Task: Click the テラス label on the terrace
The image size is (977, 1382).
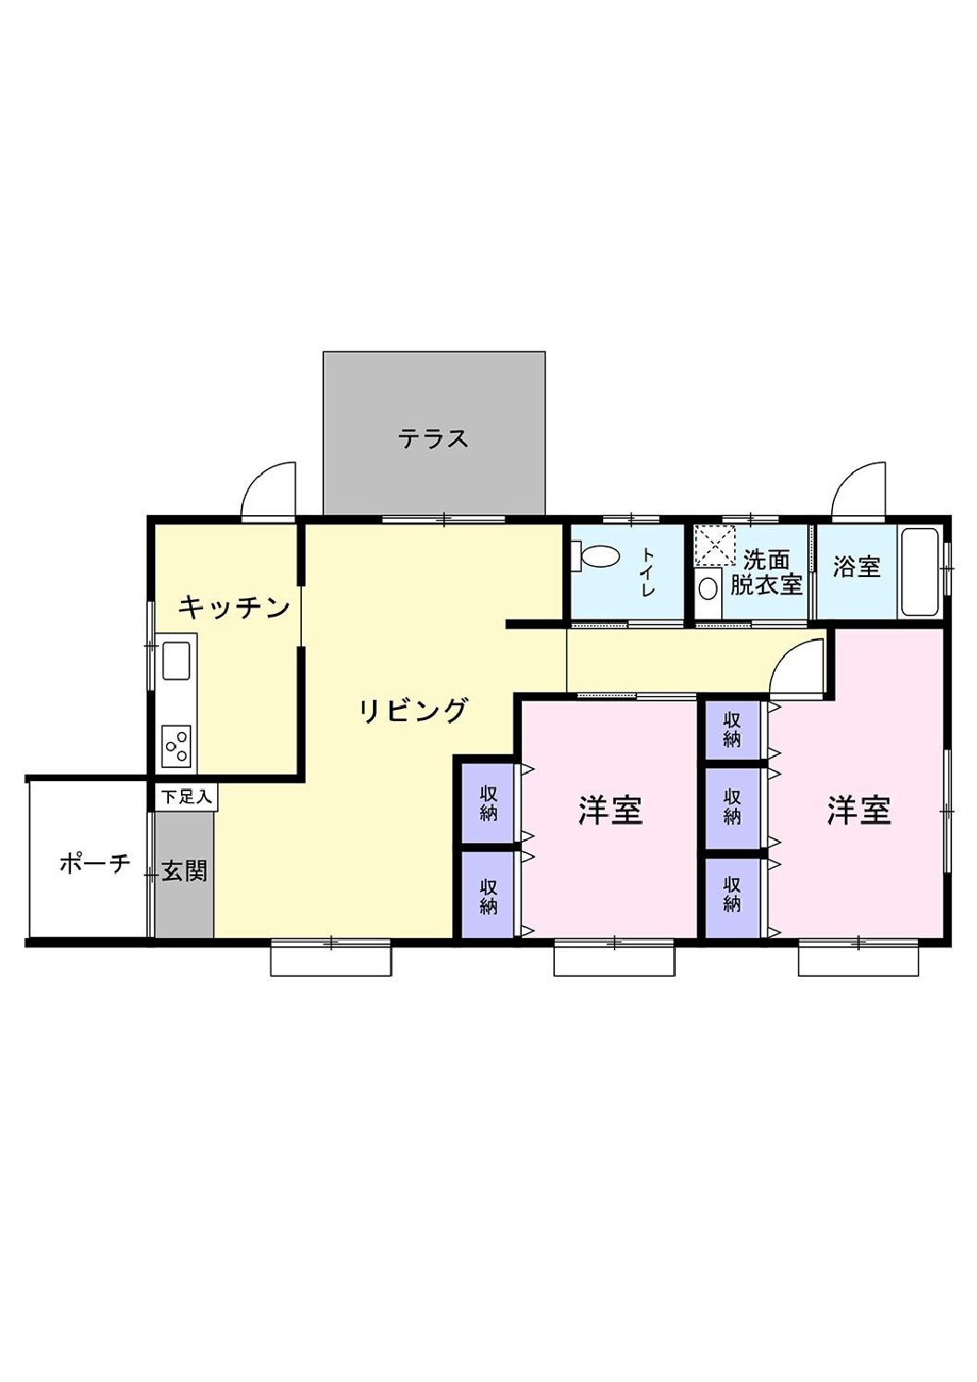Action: point(433,438)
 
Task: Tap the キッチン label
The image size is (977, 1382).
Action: point(235,607)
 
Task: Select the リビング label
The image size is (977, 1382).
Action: point(414,711)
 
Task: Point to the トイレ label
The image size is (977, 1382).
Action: point(647,571)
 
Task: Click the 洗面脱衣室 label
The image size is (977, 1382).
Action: point(766,572)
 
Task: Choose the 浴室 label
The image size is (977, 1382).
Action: point(856,567)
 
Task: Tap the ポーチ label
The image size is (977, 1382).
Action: point(94,864)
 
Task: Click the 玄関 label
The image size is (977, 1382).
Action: point(184,871)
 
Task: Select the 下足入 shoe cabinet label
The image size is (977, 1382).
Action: point(186,796)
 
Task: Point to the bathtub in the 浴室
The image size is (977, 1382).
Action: point(920,571)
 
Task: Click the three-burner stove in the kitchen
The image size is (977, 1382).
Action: point(176,746)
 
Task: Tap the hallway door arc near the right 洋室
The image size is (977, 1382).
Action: point(797,668)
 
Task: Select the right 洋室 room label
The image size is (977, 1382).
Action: point(858,811)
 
